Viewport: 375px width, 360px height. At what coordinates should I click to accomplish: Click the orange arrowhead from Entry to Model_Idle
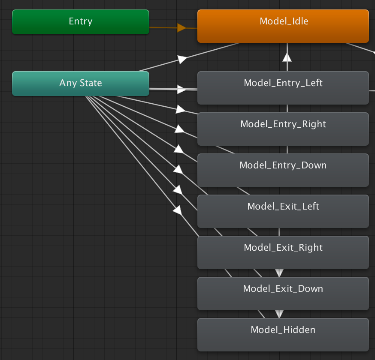tap(181, 28)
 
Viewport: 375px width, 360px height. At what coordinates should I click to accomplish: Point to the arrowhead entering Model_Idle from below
tap(287, 57)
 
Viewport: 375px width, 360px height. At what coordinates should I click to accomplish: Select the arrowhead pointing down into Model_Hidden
tap(279, 314)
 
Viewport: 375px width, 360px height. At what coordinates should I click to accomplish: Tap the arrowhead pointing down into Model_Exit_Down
tap(279, 273)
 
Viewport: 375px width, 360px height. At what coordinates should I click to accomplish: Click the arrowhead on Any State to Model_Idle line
tap(182, 59)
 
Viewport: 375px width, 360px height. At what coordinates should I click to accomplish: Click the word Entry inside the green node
tap(81, 21)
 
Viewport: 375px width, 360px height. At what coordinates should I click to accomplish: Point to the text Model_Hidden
tap(283, 330)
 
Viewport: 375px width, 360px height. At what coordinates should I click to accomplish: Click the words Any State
tap(81, 83)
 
